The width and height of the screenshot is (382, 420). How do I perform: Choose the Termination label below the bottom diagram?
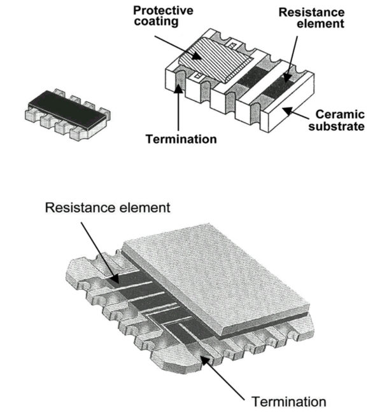(289, 402)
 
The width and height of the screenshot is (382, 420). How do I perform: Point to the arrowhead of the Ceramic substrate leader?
(288, 111)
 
